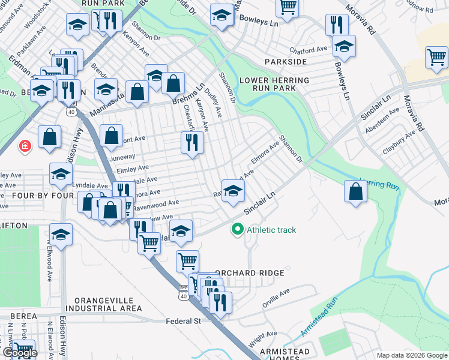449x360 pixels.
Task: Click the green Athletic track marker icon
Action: point(238,230)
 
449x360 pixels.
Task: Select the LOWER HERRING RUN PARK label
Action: point(274,84)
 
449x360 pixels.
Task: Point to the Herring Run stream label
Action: point(379,184)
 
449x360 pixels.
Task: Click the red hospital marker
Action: point(25,146)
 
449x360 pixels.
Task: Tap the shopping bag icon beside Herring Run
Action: point(356,191)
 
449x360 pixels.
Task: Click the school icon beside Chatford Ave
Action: point(344,46)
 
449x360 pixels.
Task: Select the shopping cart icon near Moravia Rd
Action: point(436,58)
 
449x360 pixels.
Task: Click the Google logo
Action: point(19,353)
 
